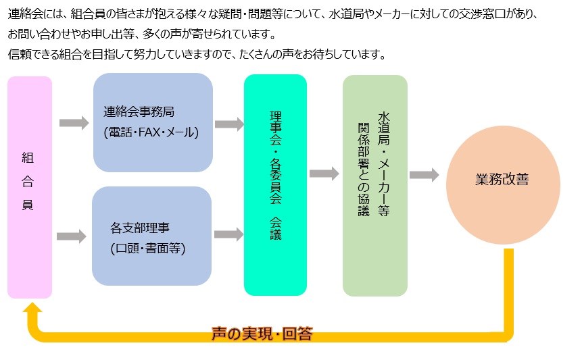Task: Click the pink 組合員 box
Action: pos(30,187)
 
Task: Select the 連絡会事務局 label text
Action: pos(139,111)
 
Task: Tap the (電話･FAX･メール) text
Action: pos(151,132)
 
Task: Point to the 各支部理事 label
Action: pos(139,228)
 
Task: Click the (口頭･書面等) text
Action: pos(148,248)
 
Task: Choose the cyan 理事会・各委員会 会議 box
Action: pos(275,184)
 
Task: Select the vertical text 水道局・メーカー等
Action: pos(384,164)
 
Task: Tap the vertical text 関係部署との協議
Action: pos(364,169)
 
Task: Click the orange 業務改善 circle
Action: pos(503,184)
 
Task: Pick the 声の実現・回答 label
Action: pos(262,334)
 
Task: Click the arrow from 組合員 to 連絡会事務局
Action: pos(74,123)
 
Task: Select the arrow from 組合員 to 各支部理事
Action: pos(72,236)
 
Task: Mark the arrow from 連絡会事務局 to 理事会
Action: pos(229,124)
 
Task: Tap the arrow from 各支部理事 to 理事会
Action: pos(228,234)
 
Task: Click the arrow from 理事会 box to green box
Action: pos(324,173)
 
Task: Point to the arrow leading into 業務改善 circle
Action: pos(425,175)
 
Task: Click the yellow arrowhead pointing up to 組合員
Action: pos(32,309)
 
